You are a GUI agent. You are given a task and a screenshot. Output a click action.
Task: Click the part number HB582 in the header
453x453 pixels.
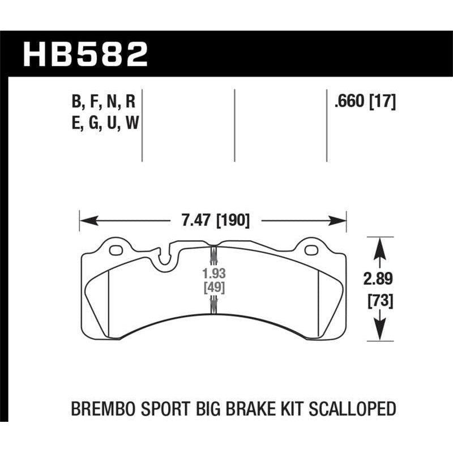pyautogui.click(x=85, y=55)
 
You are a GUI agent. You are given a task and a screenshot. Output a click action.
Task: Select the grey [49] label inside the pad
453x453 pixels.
pyautogui.click(x=213, y=288)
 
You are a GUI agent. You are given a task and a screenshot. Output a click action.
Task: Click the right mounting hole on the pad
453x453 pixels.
pyautogui.click(x=310, y=250)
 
